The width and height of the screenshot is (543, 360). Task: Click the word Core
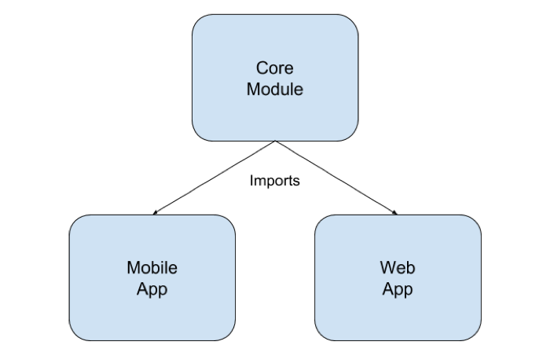pos(274,68)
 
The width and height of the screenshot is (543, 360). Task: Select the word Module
pos(274,89)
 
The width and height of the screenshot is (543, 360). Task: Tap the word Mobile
pos(152,268)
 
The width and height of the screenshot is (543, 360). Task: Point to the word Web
pos(398,268)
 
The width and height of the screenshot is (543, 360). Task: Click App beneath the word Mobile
pos(152,288)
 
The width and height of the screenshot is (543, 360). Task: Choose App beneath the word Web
pos(398,288)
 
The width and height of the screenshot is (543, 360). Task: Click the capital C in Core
pos(262,68)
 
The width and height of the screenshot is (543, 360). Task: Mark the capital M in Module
pos(253,89)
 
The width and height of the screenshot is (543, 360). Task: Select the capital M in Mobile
pos(133,268)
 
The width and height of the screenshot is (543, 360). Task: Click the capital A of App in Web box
pos(388,288)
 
